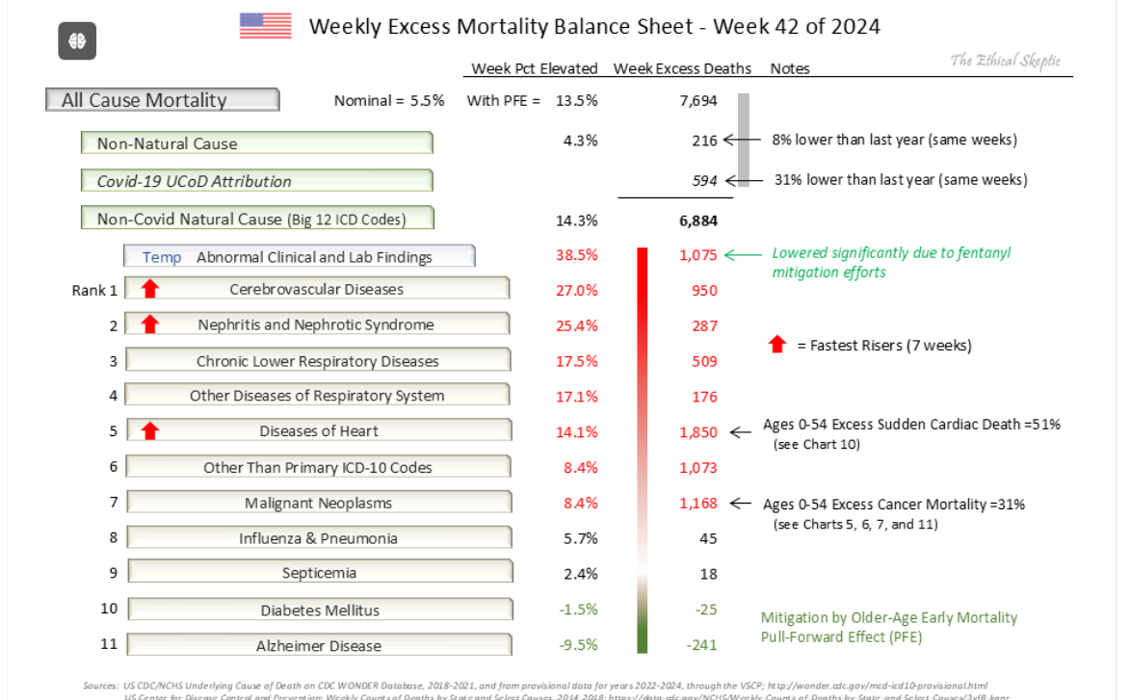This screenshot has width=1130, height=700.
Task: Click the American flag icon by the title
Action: click(x=265, y=25)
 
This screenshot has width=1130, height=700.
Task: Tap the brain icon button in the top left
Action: click(x=77, y=41)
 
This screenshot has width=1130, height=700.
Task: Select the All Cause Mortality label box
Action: click(x=162, y=100)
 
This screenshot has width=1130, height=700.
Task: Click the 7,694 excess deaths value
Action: click(x=698, y=100)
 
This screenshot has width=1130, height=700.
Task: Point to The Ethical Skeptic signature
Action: click(x=1005, y=61)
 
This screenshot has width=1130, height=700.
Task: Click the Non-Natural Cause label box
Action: click(x=256, y=143)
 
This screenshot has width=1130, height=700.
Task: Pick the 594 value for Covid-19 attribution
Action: click(x=705, y=180)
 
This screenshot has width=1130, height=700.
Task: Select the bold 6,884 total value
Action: click(x=698, y=220)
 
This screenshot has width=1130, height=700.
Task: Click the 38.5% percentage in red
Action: click(x=577, y=256)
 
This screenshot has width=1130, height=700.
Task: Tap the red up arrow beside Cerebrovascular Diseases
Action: click(x=149, y=288)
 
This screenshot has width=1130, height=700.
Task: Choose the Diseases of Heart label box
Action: click(x=319, y=430)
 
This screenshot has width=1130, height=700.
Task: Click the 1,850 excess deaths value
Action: click(x=698, y=431)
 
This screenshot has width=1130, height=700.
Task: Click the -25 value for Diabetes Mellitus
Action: click(x=705, y=609)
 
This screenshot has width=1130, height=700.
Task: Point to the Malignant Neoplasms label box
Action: click(x=319, y=503)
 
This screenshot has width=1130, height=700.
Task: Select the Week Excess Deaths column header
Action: click(x=682, y=68)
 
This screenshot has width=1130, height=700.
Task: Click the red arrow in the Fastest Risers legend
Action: click(x=777, y=345)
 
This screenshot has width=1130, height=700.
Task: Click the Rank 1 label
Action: click(x=94, y=290)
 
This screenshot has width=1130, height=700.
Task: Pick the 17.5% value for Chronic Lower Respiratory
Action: click(x=577, y=361)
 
